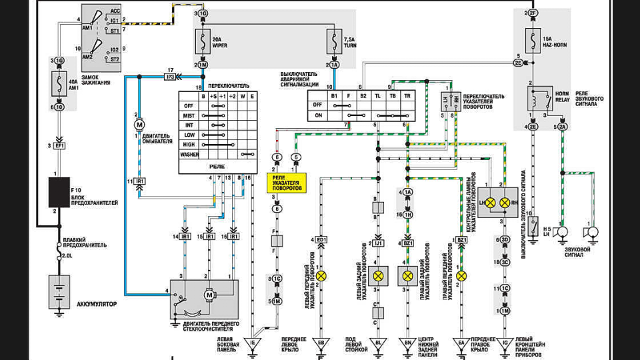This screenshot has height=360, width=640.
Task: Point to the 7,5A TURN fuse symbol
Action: coord(334,43)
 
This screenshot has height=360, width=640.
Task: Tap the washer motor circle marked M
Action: coord(140,125)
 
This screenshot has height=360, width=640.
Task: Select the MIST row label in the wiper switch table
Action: coord(189,115)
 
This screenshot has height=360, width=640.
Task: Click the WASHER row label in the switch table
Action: coord(189,154)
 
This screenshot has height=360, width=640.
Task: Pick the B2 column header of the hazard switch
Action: coord(363,95)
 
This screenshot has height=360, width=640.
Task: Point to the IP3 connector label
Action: coord(170,77)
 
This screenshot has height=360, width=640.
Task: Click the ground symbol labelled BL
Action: coord(379,343)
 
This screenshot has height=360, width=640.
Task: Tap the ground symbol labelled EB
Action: coord(321,343)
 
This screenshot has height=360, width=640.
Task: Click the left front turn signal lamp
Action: coord(321,275)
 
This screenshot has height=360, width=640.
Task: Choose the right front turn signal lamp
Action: coord(461,275)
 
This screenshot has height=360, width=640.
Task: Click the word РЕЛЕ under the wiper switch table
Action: coord(217,167)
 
